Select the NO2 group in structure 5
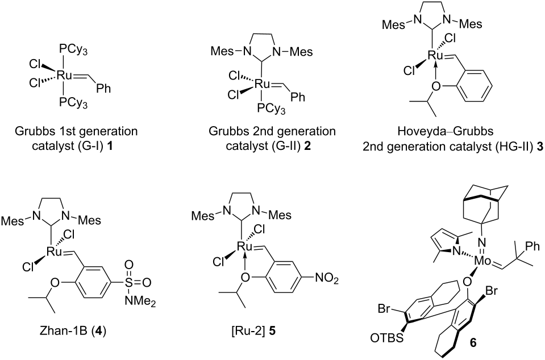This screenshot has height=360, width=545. click(x=326, y=279)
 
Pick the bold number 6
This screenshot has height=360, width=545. click(x=473, y=342)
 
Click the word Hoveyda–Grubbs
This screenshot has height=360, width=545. click(x=446, y=131)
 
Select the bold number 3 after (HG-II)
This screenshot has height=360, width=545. click(x=539, y=147)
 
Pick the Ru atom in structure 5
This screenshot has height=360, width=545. click(x=244, y=246)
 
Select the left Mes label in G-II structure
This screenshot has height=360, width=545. click(x=222, y=52)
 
